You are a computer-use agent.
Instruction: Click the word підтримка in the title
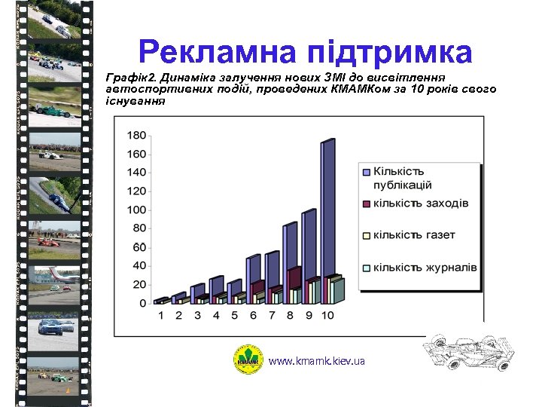[x=391, y=53]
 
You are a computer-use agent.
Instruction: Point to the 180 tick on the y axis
[x=137, y=136]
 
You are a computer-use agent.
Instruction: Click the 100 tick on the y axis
[x=137, y=210]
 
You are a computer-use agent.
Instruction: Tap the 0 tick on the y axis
[x=142, y=303]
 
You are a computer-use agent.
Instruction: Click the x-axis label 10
[x=327, y=315]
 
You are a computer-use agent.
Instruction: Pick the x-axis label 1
[x=160, y=315]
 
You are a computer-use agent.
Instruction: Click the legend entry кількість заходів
[x=421, y=203]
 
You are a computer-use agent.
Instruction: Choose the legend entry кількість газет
[x=414, y=234]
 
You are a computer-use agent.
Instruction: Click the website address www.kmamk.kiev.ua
[x=316, y=362]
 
